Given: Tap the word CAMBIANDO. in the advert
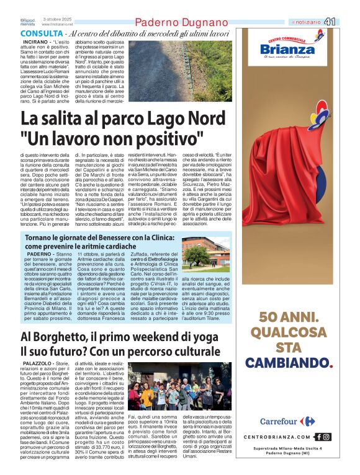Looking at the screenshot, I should pos(289,363).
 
